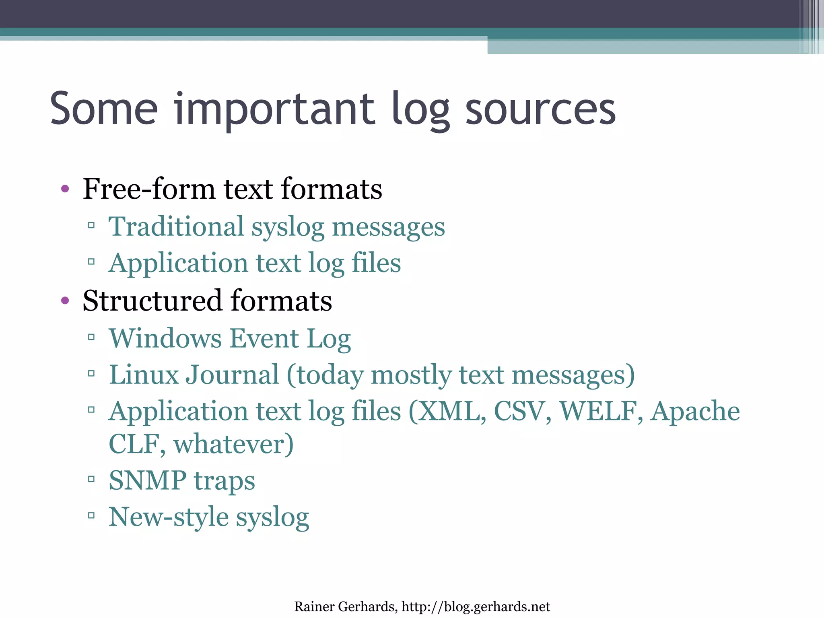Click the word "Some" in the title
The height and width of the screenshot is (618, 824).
104,109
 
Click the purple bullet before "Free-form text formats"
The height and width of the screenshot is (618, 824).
65,188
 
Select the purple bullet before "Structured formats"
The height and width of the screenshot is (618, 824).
65,300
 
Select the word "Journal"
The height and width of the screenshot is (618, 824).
232,375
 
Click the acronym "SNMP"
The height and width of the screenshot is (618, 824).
147,480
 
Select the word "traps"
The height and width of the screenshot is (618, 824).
225,481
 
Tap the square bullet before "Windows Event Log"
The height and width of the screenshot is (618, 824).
91,337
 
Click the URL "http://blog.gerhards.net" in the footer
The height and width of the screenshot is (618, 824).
476,606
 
